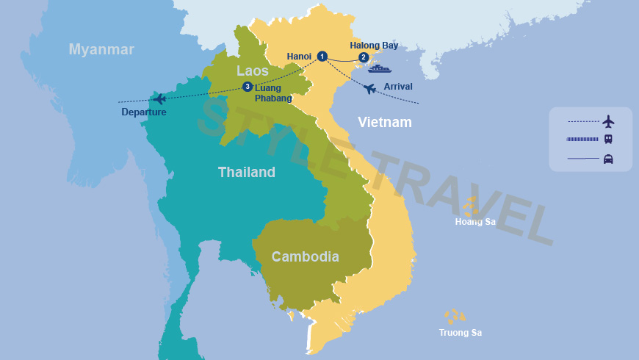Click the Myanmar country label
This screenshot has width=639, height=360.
pos(101,49)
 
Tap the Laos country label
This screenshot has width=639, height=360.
pos(252,71)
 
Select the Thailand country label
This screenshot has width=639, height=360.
pos(246,172)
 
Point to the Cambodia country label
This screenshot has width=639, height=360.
pos(305,256)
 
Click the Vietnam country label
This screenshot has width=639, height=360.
pos(384,122)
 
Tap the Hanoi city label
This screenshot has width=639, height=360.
pos(299,56)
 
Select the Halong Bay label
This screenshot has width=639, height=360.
pos(374,46)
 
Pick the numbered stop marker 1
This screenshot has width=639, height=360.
pos(322,57)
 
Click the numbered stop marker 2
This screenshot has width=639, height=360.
pos(363,57)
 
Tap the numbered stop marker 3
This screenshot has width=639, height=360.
pos(248,87)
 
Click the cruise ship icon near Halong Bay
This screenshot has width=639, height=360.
pos(379,69)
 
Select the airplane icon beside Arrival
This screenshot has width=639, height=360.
pos(370,89)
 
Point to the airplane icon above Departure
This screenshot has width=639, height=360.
pos(159,98)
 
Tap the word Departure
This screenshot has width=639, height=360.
pos(144,112)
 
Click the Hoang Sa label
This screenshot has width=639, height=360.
pos(475,221)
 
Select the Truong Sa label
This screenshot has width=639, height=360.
pos(460,333)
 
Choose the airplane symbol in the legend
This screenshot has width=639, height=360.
pos(608,121)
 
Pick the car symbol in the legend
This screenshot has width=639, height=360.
pos(608,159)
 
